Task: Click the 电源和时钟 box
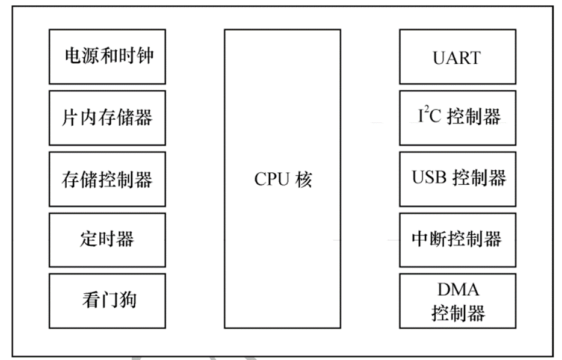point(107,57)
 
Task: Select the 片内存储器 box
point(107,118)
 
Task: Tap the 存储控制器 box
point(107,179)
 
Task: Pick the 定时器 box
point(107,240)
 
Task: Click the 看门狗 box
point(107,300)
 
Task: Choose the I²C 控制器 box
point(457,118)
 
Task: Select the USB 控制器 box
point(457,179)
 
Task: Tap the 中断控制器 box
point(457,240)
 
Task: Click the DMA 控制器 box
point(457,300)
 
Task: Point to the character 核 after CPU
point(304,179)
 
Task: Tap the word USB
point(428,178)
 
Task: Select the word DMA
point(458,290)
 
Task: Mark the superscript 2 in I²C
point(424,111)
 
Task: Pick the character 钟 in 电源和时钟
point(144,57)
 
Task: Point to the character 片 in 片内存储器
point(70,118)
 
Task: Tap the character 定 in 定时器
point(88,240)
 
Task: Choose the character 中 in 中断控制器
point(421,240)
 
